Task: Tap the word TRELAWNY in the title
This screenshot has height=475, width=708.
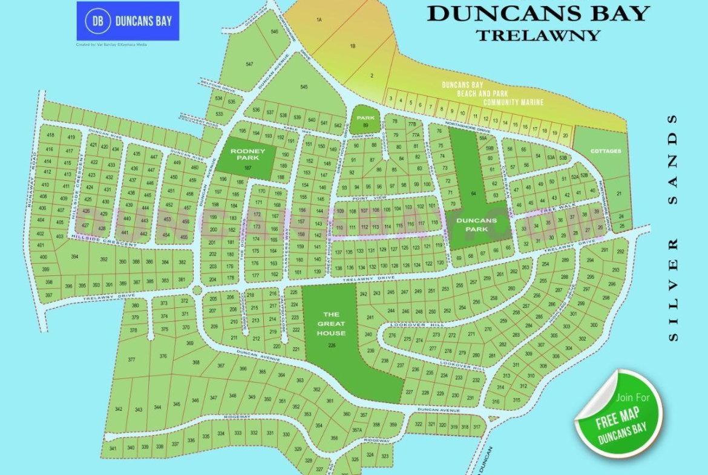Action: (x=538, y=34)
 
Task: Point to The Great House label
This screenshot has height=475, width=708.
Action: (x=331, y=324)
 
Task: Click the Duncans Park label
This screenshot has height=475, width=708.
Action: (x=476, y=224)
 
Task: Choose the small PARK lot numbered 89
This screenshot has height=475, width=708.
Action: (x=365, y=122)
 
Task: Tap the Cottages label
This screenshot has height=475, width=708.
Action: (x=606, y=151)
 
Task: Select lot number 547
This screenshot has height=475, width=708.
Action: (x=249, y=64)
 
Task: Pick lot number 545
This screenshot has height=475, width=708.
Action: (x=304, y=87)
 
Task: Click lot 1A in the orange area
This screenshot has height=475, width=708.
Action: (x=319, y=20)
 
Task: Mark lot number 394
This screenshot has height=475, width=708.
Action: (x=74, y=257)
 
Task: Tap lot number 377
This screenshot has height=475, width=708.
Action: (x=131, y=360)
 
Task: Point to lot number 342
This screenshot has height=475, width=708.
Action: (x=119, y=410)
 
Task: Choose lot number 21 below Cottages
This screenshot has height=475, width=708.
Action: (x=618, y=194)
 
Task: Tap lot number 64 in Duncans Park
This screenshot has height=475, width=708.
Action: (x=473, y=194)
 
